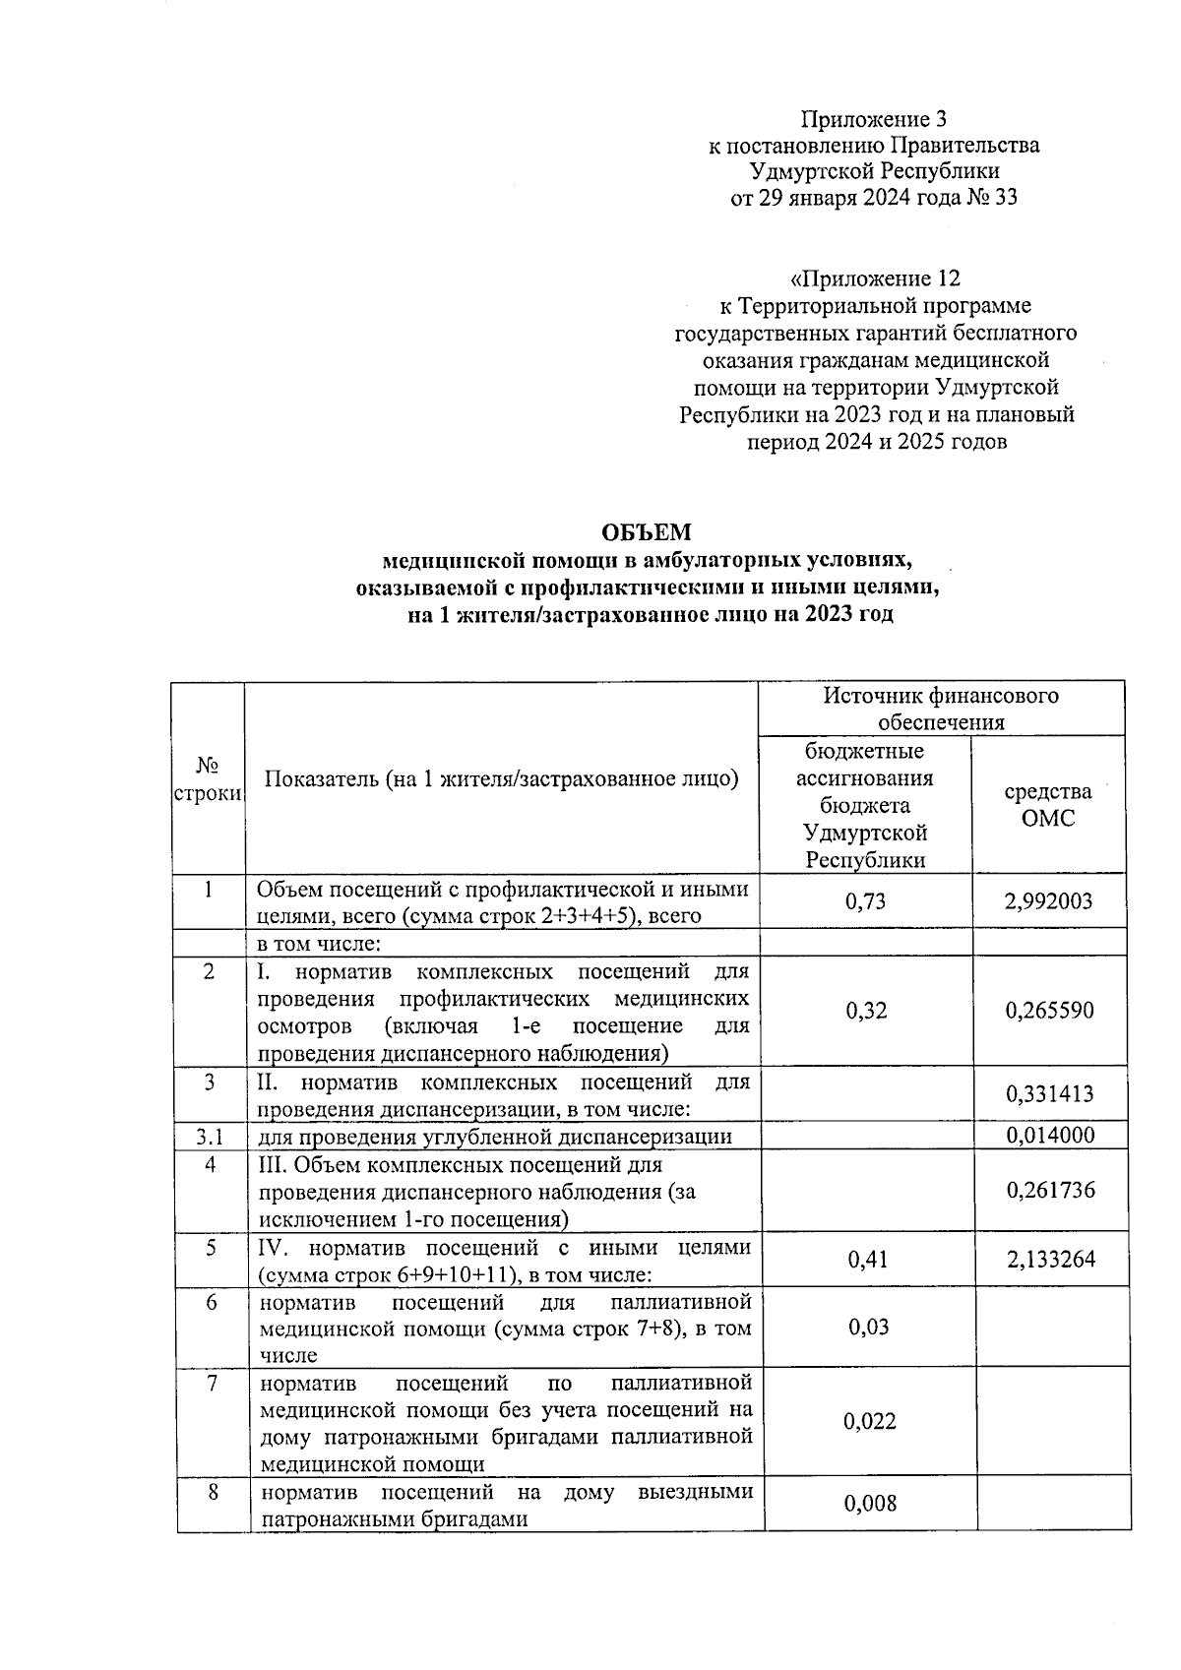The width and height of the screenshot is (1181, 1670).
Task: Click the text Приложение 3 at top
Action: pyautogui.click(x=874, y=120)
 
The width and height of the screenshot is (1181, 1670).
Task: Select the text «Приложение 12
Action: pyautogui.click(x=874, y=278)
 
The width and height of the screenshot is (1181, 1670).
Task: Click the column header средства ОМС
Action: pyautogui.click(x=1047, y=805)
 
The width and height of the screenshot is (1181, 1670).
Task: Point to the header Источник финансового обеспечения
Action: pyautogui.click(x=941, y=709)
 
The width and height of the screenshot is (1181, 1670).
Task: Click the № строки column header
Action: pyautogui.click(x=208, y=778)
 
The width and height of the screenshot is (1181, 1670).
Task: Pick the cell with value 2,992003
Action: pyautogui.click(x=1048, y=901)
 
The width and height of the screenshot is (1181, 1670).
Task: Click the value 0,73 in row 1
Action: pyautogui.click(x=866, y=901)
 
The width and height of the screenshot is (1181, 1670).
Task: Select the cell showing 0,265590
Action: pyautogui.click(x=1049, y=1011)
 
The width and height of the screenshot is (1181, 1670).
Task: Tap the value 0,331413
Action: pyautogui.click(x=1049, y=1094)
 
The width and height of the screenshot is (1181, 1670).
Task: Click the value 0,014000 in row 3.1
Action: pyautogui.click(x=1049, y=1135)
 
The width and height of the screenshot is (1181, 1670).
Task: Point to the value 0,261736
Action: pyautogui.click(x=1050, y=1191)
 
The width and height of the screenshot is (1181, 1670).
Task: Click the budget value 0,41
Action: pyautogui.click(x=867, y=1260)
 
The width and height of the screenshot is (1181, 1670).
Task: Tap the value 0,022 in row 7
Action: pyautogui.click(x=870, y=1421)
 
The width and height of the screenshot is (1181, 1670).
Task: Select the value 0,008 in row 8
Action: pyautogui.click(x=870, y=1503)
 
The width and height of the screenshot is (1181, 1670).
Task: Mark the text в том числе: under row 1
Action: pyautogui.click(x=319, y=944)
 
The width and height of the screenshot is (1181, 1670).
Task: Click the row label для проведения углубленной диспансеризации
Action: pyautogui.click(x=495, y=1138)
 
